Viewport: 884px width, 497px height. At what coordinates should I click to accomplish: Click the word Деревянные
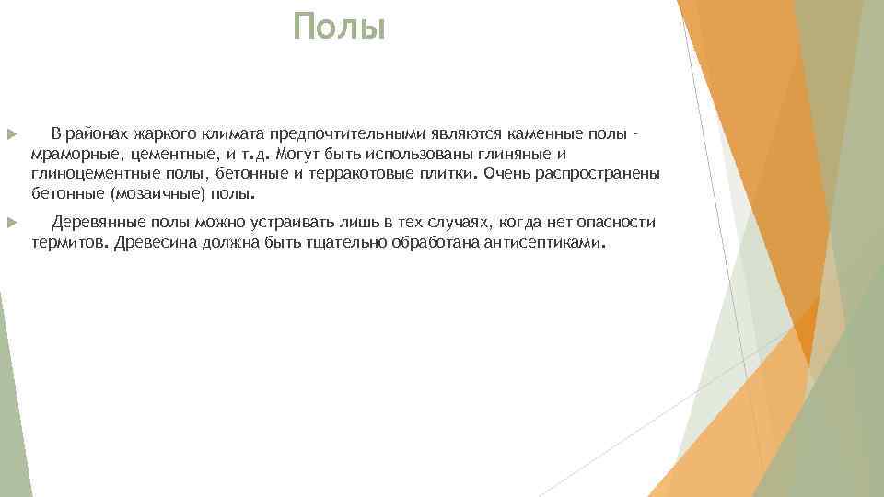tap(95, 223)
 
